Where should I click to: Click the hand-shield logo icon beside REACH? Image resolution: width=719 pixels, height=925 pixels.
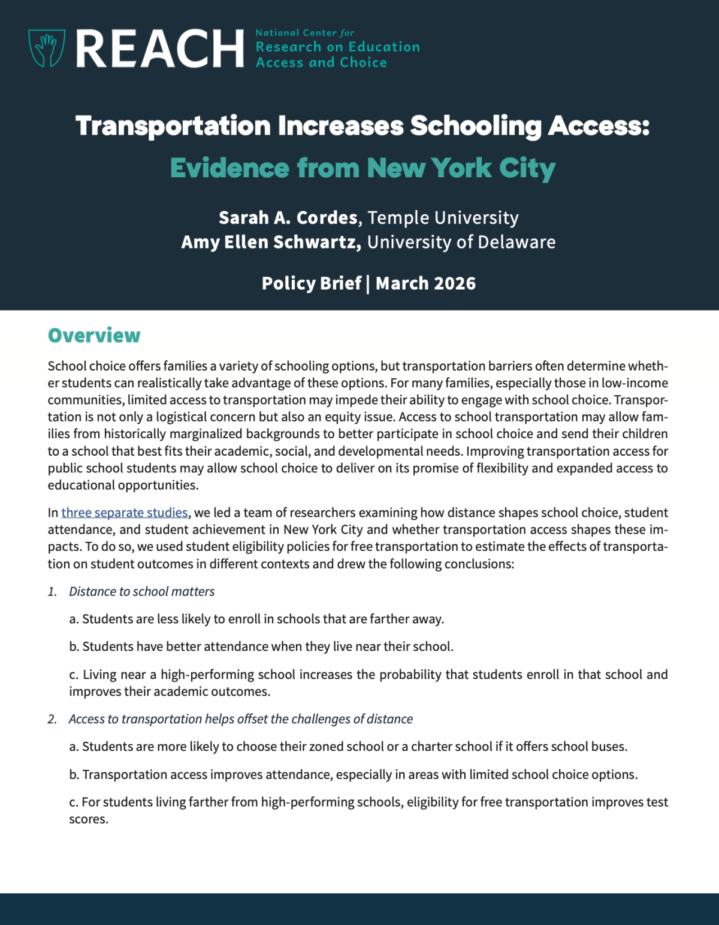tap(47, 48)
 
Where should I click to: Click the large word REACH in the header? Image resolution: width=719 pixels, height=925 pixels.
tap(160, 48)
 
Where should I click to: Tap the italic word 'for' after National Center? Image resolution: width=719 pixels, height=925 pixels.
tap(347, 33)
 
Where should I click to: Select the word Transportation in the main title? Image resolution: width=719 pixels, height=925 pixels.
tap(173, 126)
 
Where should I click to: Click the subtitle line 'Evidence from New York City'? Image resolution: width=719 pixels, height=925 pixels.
tap(362, 168)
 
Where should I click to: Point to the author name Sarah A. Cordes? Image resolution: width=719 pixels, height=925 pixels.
tap(288, 217)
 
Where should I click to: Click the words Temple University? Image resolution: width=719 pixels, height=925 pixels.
tap(443, 217)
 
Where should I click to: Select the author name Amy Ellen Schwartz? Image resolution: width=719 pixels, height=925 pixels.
tap(271, 242)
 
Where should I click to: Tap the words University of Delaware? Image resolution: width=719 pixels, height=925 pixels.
tap(461, 242)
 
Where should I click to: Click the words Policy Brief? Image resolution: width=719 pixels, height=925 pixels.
tap(312, 283)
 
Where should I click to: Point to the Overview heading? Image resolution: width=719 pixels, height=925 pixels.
tap(94, 335)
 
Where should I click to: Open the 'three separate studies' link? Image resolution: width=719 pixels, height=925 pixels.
tap(125, 512)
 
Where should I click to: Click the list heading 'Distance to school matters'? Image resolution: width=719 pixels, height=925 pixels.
tap(142, 592)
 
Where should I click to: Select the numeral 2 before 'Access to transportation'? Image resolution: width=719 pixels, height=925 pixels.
tap(52, 719)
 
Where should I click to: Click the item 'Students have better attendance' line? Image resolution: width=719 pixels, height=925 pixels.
tap(261, 647)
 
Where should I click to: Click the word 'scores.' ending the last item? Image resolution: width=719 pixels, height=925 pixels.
tap(89, 819)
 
